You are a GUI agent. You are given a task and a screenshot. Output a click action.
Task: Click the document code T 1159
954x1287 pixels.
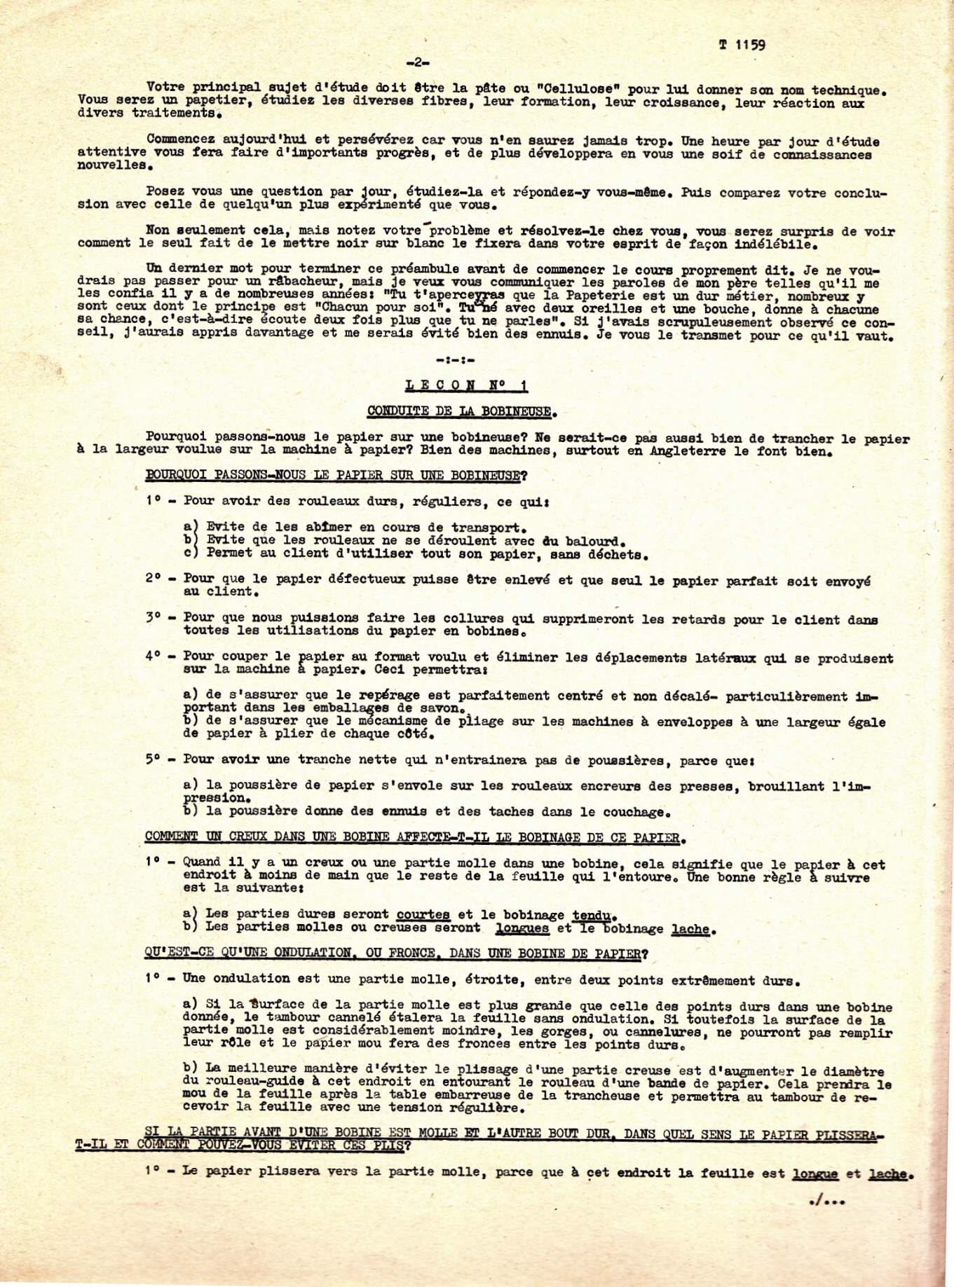[742, 45]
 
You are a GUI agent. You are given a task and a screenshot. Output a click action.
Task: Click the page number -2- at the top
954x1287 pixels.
[418, 62]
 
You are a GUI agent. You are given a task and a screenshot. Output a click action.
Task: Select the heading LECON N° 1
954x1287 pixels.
[467, 385]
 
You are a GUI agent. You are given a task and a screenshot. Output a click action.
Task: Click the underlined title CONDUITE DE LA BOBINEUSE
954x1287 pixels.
[462, 411]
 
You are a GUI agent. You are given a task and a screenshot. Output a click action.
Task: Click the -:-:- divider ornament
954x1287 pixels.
[455, 360]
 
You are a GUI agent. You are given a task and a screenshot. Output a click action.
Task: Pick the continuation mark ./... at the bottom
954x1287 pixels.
[827, 1201]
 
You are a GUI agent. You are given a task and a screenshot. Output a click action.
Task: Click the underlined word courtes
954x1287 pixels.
[423, 914]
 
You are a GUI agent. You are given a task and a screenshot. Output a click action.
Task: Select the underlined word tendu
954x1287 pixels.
[594, 915]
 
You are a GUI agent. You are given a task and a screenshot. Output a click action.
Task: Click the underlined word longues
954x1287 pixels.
[522, 928]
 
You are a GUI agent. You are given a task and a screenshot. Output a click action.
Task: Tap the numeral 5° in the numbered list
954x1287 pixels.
[154, 759]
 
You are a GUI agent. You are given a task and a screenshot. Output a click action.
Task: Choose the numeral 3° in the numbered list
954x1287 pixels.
[154, 617]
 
